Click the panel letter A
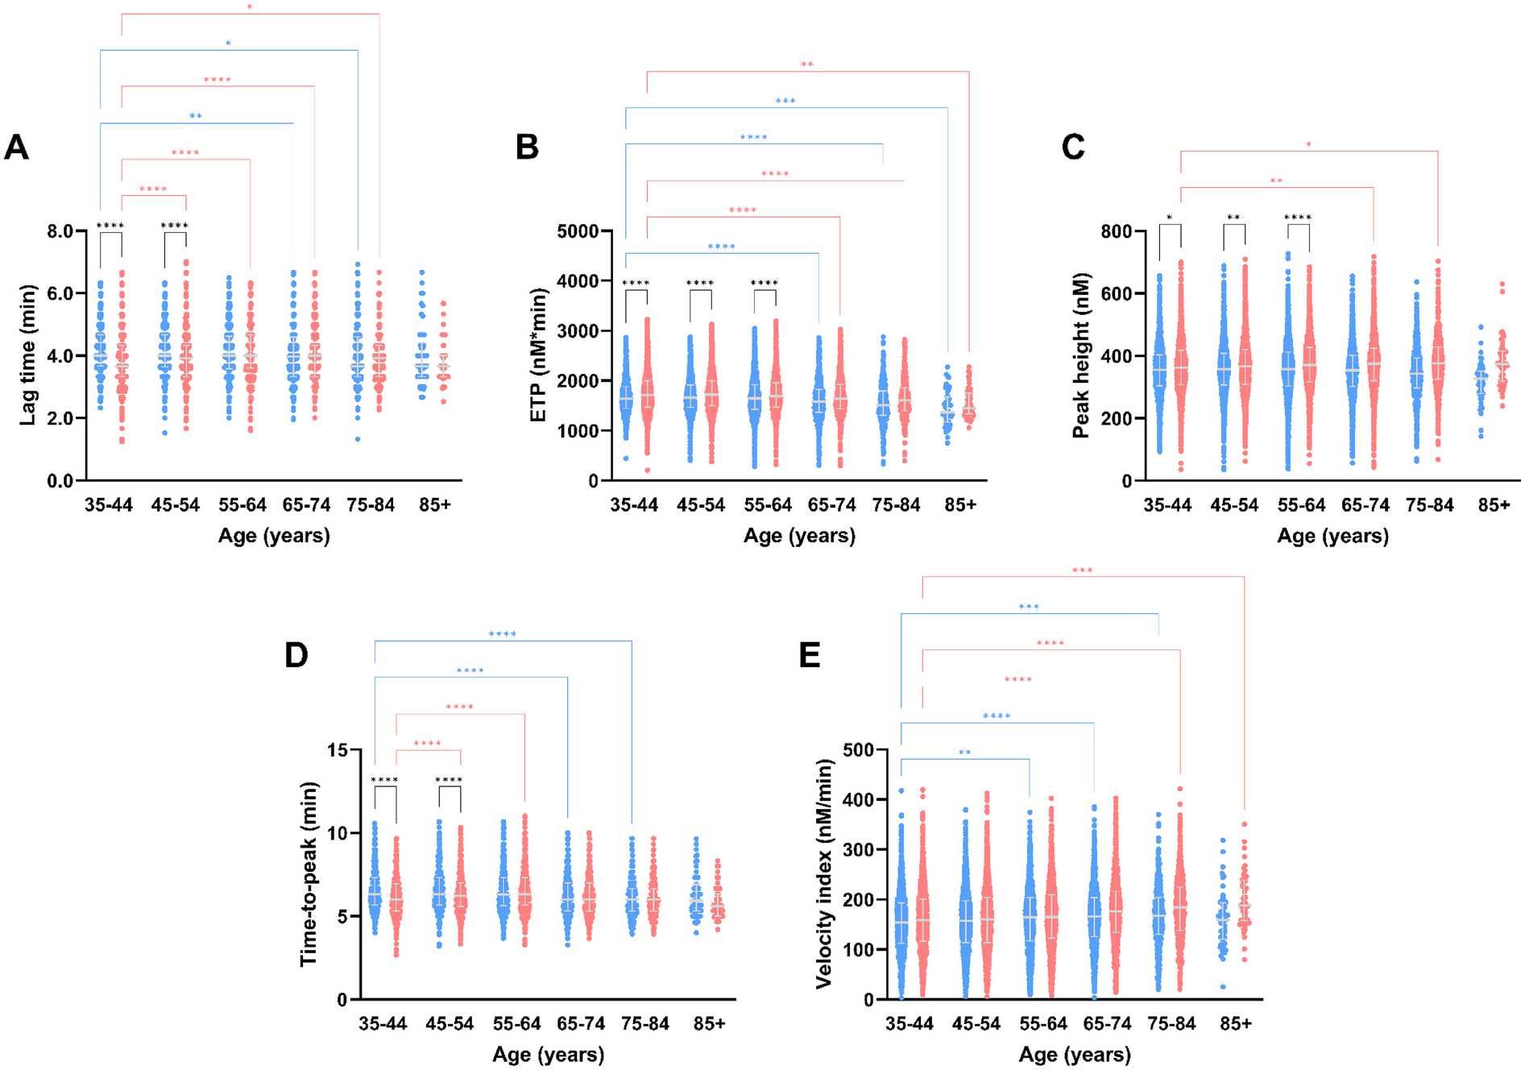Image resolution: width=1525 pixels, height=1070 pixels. [x=16, y=147]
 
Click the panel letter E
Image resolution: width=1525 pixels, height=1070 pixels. [x=809, y=655]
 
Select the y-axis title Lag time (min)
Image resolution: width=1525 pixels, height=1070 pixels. [x=28, y=355]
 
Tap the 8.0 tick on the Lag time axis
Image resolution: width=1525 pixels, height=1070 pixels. [x=60, y=231]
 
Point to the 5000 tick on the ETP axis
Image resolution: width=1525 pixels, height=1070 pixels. [x=578, y=231]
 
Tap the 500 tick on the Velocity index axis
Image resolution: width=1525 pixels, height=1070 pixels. [x=858, y=750]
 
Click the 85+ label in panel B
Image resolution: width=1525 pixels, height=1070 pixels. [x=960, y=505]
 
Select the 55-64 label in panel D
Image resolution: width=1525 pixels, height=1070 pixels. [x=516, y=1024]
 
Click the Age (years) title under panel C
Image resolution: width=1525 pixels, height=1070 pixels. [x=1332, y=536]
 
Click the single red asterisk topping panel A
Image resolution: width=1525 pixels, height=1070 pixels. [x=250, y=8]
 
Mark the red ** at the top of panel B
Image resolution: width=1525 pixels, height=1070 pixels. [x=806, y=65]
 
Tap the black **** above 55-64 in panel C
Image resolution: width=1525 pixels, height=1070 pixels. [x=1297, y=218]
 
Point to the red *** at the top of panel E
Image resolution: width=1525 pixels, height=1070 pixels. [x=1082, y=571]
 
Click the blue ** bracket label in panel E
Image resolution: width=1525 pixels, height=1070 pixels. [x=964, y=753]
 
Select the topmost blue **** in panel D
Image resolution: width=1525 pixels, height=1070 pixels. [x=502, y=635]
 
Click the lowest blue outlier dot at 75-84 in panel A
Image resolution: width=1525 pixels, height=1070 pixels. [x=358, y=439]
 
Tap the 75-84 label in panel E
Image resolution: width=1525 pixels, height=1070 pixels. [x=1171, y=1024]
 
